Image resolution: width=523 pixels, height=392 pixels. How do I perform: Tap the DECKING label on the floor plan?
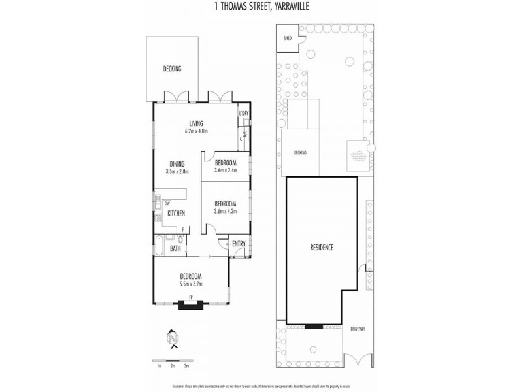click(172, 69)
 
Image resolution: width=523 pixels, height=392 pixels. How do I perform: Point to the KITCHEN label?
click(176, 213)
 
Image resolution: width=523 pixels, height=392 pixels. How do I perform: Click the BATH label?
click(175, 248)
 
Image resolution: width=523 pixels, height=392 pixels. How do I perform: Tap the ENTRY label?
click(239, 244)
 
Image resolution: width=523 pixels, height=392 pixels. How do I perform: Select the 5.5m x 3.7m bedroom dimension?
click(191, 284)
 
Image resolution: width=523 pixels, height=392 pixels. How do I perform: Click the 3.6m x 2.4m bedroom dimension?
click(225, 171)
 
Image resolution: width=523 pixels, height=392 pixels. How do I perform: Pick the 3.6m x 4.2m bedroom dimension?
click(225, 211)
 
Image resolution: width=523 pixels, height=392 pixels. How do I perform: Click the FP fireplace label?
click(191, 298)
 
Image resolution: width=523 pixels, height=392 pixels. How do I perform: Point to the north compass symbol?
click(173, 338)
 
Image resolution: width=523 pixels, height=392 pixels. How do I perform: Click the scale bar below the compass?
click(173, 360)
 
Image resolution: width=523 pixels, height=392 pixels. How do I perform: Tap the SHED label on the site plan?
click(287, 38)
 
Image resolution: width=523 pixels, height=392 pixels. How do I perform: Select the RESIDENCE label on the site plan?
click(322, 247)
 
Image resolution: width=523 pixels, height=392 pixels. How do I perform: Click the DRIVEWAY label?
click(357, 329)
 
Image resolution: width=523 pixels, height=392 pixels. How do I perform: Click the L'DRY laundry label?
click(244, 114)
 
